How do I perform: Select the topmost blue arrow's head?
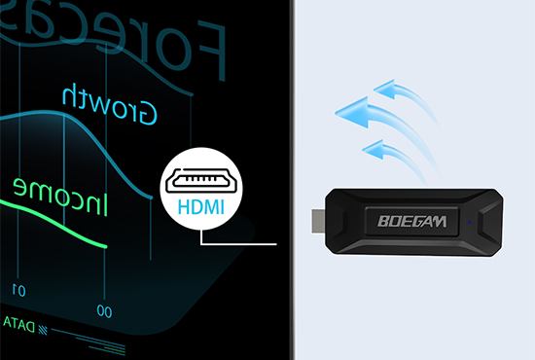coord(391,92)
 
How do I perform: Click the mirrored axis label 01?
coord(18,289)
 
